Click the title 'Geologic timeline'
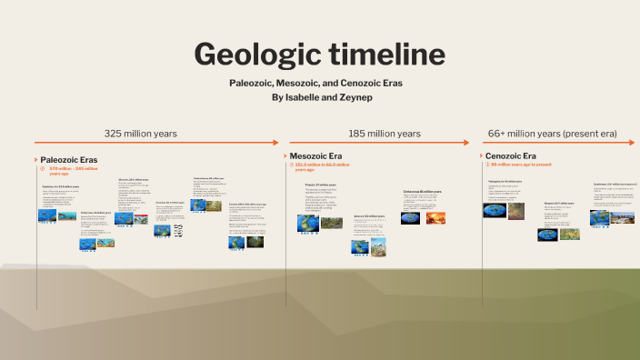click(x=319, y=55)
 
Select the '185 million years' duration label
click(x=384, y=133)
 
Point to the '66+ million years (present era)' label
click(x=552, y=133)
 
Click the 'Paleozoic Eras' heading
click(x=68, y=160)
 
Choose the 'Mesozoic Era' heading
click(x=315, y=156)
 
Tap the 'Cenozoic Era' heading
click(x=510, y=156)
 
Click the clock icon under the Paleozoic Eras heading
click(x=42, y=169)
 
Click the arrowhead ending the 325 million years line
click(x=276, y=143)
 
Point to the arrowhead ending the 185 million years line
click(x=465, y=143)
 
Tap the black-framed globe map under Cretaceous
click(x=411, y=218)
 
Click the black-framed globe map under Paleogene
click(x=495, y=210)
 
